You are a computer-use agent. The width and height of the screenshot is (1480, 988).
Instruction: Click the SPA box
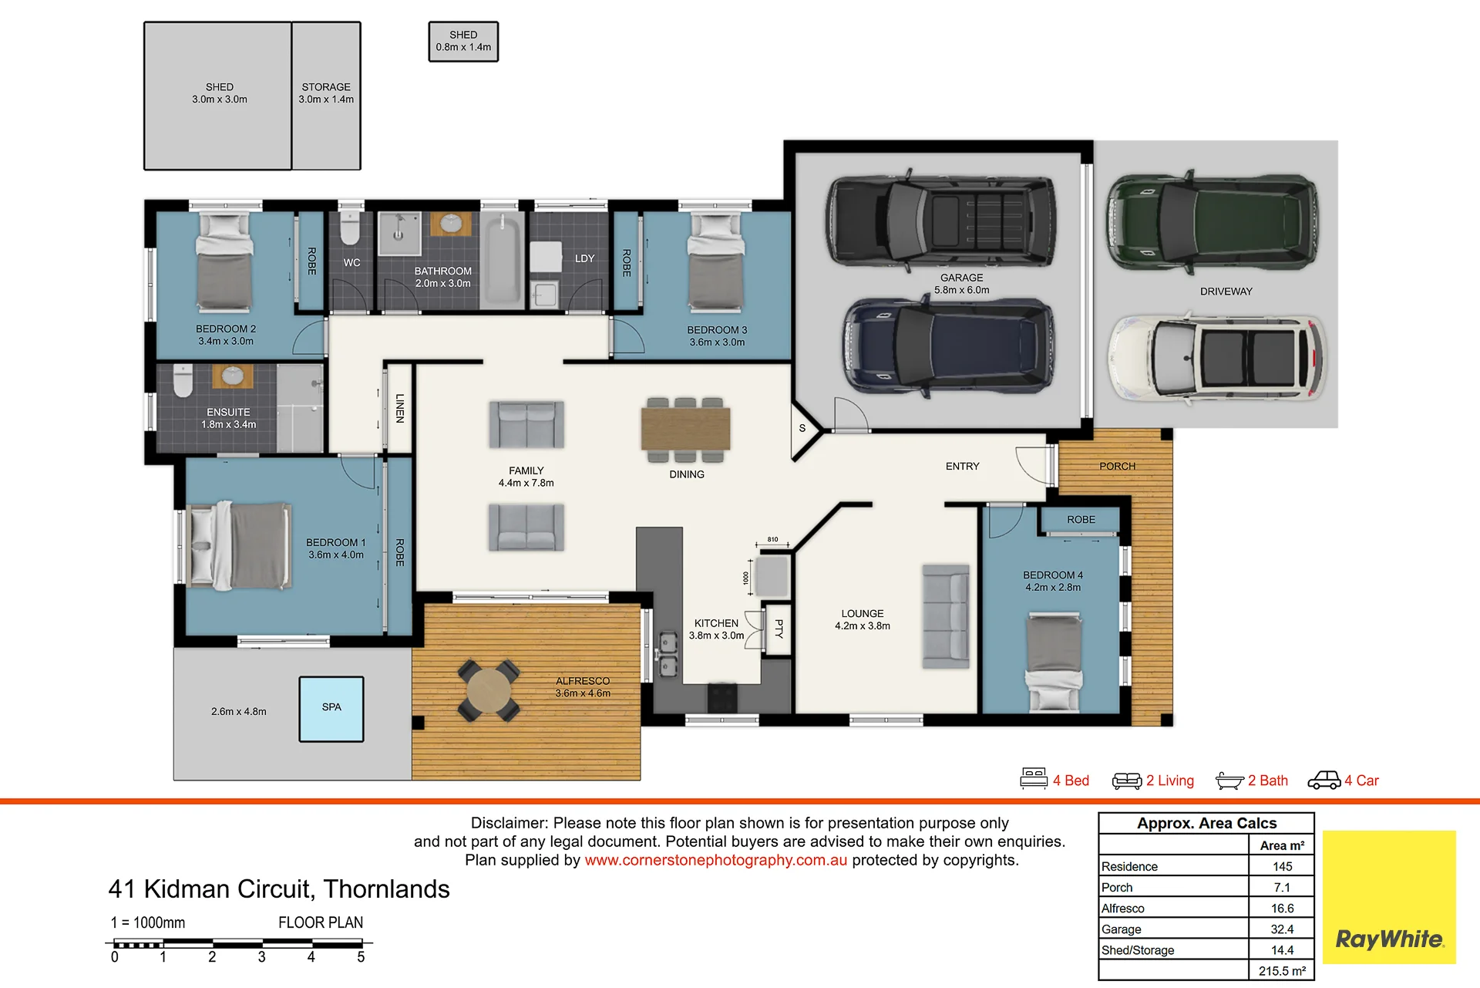click(331, 709)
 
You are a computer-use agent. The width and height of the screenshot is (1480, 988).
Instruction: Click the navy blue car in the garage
click(948, 346)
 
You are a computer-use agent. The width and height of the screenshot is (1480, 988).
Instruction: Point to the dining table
click(685, 429)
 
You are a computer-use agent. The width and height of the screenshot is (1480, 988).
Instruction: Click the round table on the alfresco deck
click(489, 690)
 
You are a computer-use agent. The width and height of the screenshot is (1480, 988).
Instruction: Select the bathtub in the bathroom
click(503, 260)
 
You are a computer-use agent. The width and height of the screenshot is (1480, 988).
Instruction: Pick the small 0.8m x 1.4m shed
click(463, 42)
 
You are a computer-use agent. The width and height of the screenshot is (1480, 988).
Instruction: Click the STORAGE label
click(326, 87)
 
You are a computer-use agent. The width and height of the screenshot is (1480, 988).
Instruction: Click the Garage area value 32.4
click(1282, 929)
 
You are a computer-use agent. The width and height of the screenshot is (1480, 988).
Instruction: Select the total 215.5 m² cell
click(1282, 971)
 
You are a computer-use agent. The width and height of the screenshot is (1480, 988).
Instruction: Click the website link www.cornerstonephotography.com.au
click(715, 860)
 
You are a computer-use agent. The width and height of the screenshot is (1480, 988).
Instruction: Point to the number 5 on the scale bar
click(361, 957)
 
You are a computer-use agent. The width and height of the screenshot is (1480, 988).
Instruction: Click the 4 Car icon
click(1324, 781)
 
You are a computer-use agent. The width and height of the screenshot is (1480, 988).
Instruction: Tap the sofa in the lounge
click(946, 616)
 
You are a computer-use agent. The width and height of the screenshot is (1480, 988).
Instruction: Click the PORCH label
click(1117, 467)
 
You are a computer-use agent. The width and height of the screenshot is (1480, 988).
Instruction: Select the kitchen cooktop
click(722, 698)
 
